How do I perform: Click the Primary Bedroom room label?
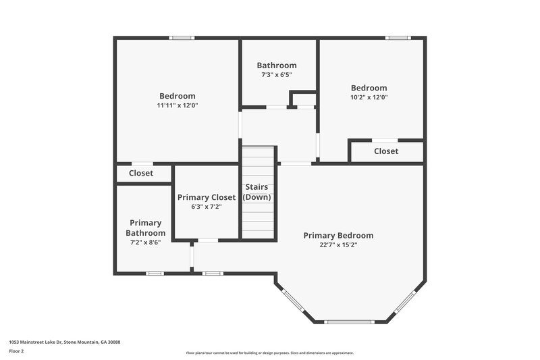(338, 236)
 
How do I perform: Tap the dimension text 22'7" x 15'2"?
(338, 245)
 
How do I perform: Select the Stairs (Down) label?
(257, 192)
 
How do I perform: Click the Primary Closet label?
(207, 197)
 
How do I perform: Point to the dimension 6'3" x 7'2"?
(207, 207)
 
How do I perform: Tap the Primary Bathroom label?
(145, 228)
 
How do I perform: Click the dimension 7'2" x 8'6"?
(145, 242)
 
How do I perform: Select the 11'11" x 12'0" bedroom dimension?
(178, 105)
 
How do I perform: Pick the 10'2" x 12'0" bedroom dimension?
(369, 97)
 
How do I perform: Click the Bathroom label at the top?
(276, 66)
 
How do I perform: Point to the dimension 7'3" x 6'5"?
(276, 75)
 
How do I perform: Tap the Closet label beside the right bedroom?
(386, 151)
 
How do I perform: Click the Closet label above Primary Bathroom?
(141, 174)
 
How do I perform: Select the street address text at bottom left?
(64, 342)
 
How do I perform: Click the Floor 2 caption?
(16, 351)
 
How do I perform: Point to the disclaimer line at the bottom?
(270, 353)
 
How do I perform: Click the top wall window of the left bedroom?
(182, 38)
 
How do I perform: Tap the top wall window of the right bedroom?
(398, 38)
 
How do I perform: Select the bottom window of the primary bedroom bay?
(350, 322)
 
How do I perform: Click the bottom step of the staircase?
(259, 234)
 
